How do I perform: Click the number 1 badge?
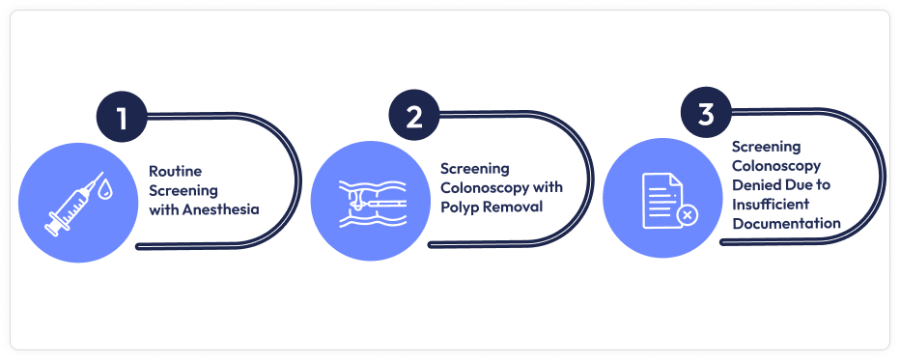122,118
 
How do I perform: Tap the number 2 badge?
414,118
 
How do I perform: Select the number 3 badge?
706,115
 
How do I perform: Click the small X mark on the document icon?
687,214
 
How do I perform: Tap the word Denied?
755,183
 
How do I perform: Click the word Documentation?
785,222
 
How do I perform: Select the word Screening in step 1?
183,189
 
